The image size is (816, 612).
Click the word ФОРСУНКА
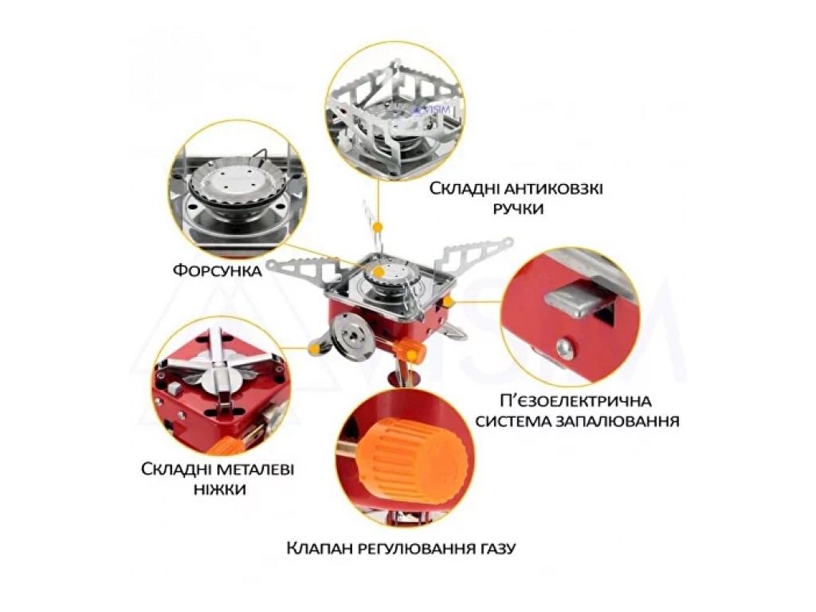pos(217,271)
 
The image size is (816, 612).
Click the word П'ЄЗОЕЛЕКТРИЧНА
pos(575,402)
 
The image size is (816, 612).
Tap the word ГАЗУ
pos(495,548)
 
